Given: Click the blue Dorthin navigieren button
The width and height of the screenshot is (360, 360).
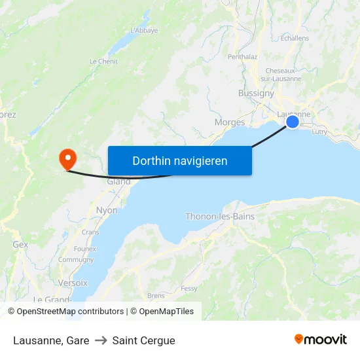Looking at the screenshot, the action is pos(180,160).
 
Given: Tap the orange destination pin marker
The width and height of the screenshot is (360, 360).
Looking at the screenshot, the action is pos(67,159).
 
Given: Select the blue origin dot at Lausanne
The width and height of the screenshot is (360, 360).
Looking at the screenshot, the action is pos(293,121).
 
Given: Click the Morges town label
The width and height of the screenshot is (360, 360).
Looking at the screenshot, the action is pos(230,122).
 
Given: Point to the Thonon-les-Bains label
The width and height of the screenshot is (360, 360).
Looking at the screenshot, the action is pos(220,216).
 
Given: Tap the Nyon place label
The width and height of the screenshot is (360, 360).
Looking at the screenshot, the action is pos(107,210).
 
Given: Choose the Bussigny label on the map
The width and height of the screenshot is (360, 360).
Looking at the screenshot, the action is pos(256,93).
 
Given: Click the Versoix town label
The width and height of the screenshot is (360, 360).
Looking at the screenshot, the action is pos(73,283).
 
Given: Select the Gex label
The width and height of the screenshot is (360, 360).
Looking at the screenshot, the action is pos(20,244).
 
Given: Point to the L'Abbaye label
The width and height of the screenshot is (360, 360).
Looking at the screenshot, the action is pos(144,30).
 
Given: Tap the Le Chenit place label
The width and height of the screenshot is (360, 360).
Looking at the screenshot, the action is pos(103,62).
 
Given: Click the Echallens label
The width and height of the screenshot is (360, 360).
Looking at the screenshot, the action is pos(294,38).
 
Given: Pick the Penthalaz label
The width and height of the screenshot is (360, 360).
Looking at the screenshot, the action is pos(242,57).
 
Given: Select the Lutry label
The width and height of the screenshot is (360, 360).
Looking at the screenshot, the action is pos(319,132).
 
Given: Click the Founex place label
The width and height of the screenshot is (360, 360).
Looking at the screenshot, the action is pos(85,249).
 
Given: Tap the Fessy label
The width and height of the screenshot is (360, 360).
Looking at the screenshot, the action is pos(189,288).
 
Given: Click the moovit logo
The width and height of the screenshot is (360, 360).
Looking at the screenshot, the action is pos(321,339).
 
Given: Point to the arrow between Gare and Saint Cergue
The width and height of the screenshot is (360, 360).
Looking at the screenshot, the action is pos(101,340).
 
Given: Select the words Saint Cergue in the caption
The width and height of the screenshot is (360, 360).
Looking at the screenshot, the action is pos(143,340).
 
